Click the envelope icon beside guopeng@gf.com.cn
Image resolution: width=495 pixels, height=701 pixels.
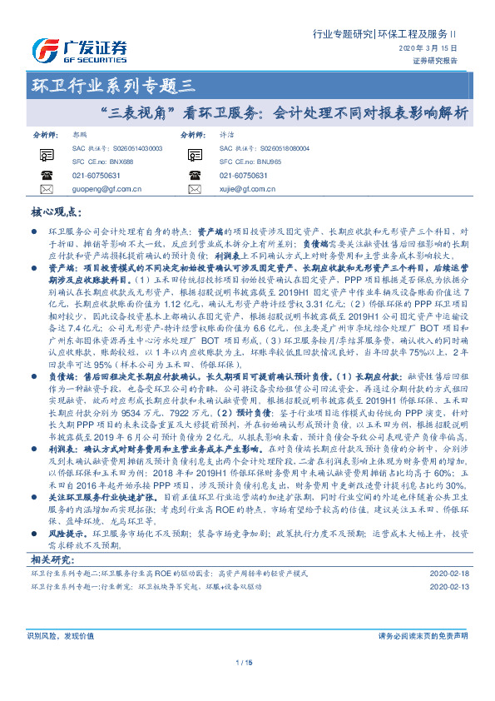(x=46, y=190)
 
